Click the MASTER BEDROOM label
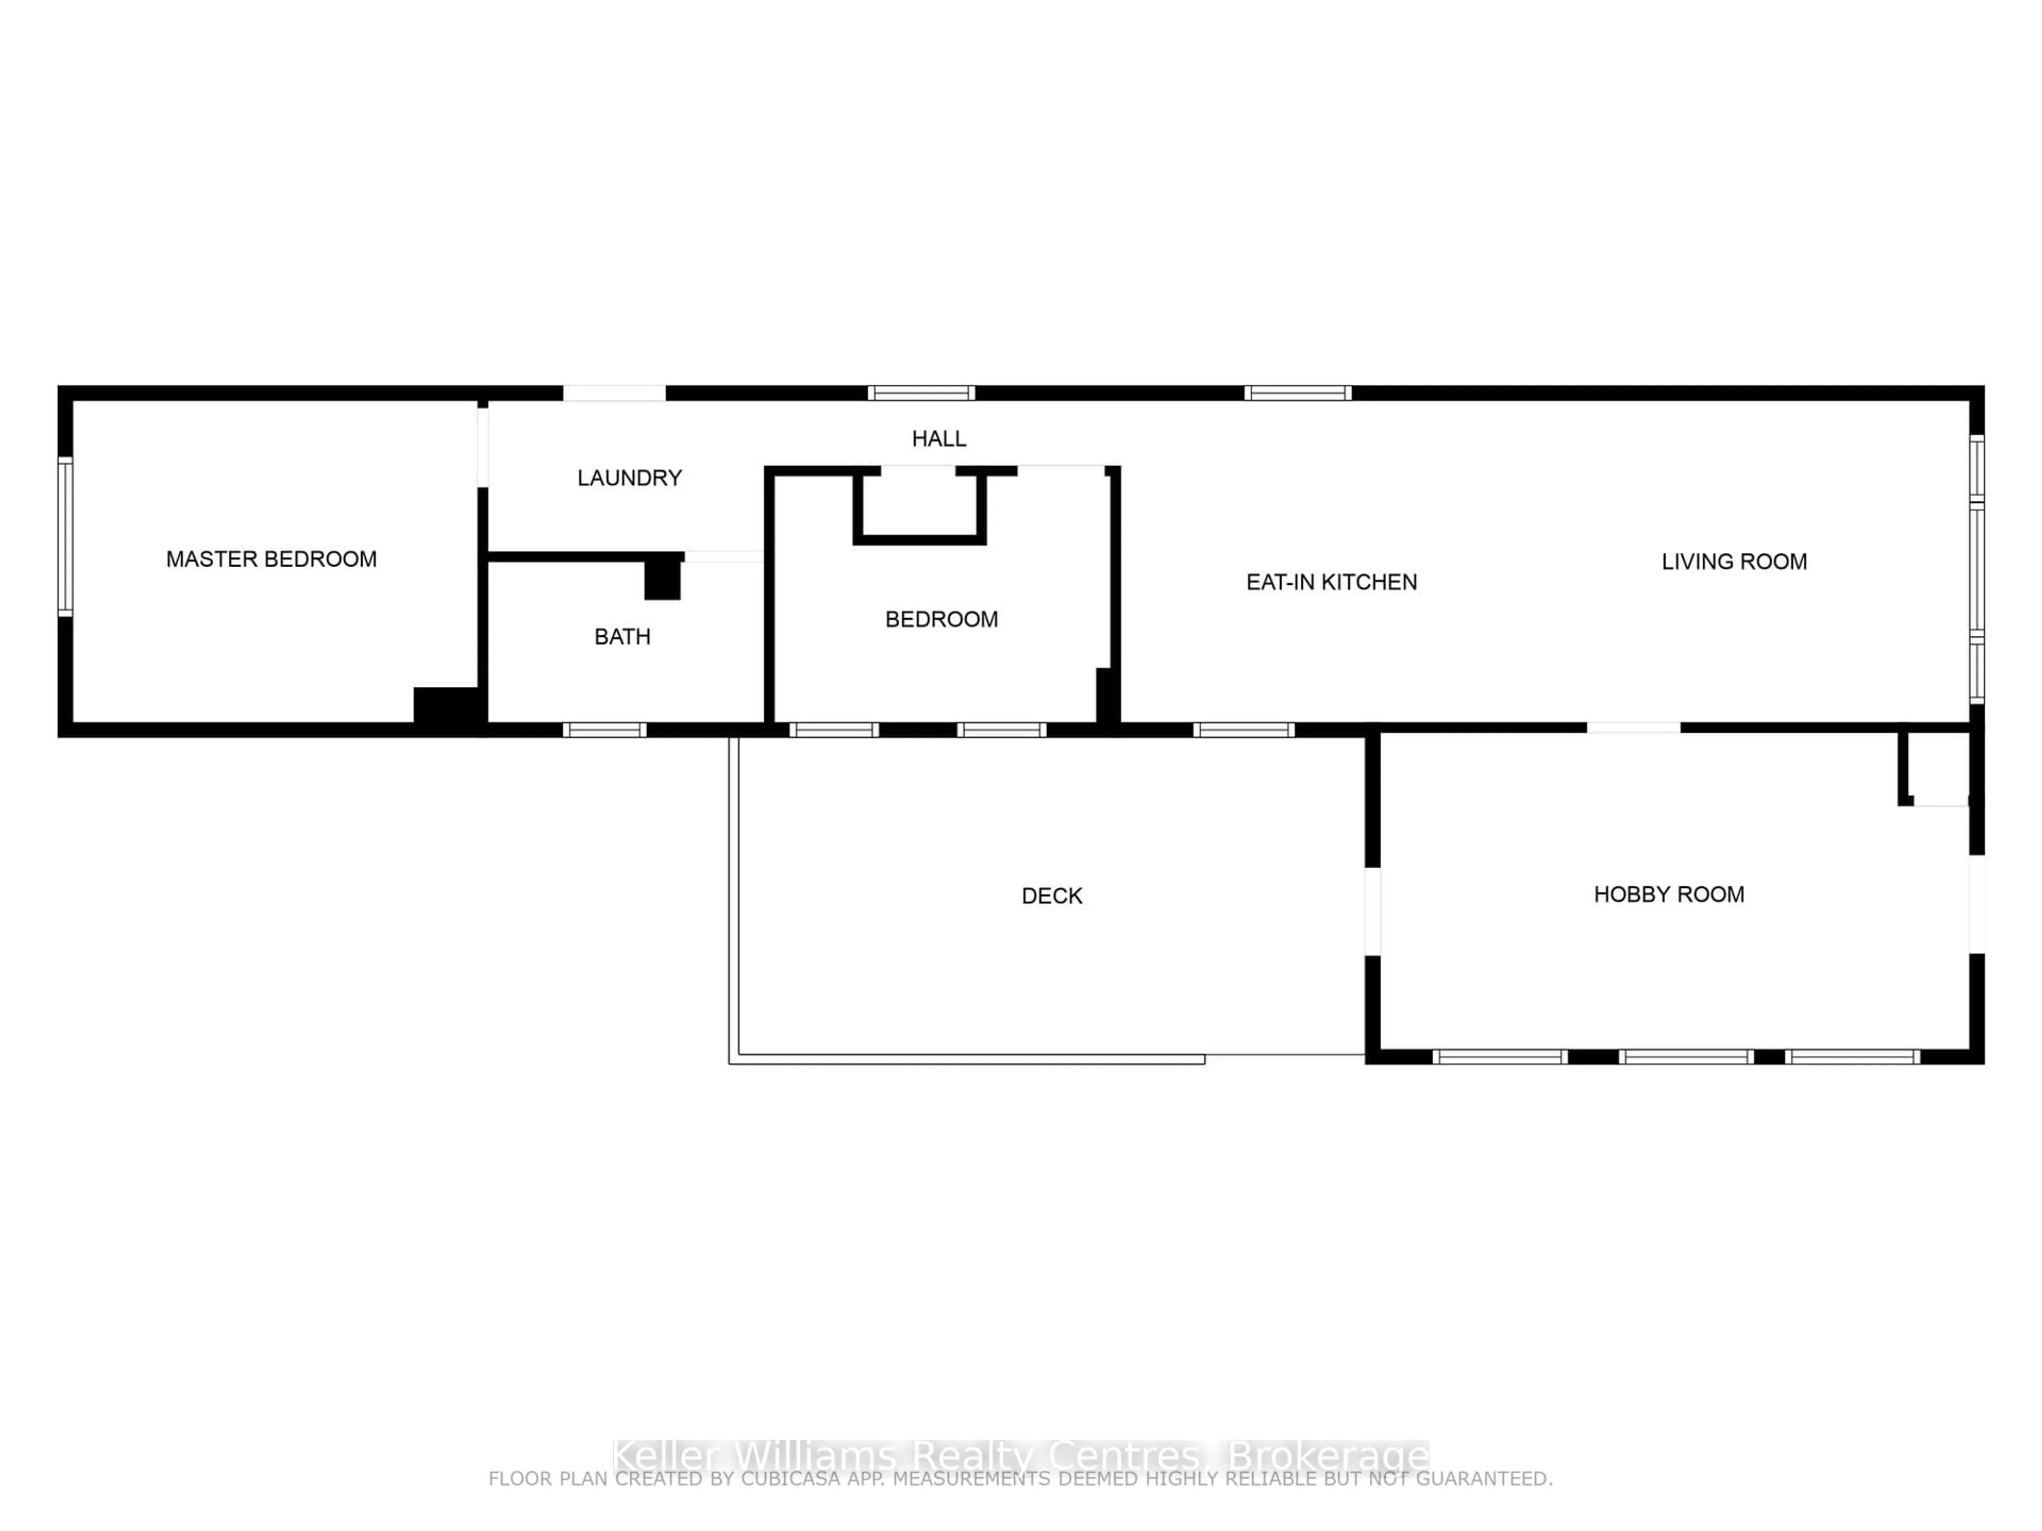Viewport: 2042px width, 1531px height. point(271,559)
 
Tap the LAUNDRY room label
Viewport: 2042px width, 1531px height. point(630,478)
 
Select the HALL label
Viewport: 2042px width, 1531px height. point(939,439)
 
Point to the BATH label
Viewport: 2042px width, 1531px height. point(622,637)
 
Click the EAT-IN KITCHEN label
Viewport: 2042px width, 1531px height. point(1331,582)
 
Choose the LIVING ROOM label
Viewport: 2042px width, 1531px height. point(1734,562)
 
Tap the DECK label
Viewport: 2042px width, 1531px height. point(1051,896)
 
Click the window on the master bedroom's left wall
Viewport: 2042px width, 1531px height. point(65,536)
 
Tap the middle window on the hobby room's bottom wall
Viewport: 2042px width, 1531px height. point(1686,1057)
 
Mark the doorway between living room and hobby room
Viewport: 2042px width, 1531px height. point(1633,728)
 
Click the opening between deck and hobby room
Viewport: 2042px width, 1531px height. point(1373,912)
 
